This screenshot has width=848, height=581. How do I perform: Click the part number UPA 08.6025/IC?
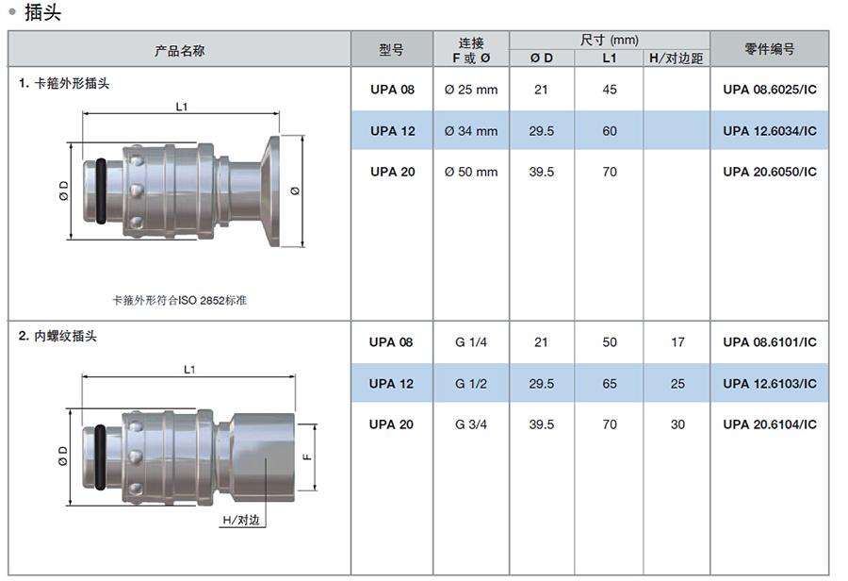pyautogui.click(x=770, y=90)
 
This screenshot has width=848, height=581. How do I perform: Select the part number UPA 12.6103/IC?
pyautogui.click(x=770, y=383)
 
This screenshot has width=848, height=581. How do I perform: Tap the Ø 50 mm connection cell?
pyautogui.click(x=471, y=172)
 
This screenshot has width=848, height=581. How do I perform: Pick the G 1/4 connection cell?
pyautogui.click(x=471, y=342)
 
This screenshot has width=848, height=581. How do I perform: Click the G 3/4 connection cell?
pyautogui.click(x=471, y=424)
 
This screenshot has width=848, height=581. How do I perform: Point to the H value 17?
pyautogui.click(x=677, y=342)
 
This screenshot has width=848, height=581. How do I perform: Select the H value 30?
pyautogui.click(x=677, y=424)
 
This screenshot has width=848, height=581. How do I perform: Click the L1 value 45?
pyautogui.click(x=610, y=90)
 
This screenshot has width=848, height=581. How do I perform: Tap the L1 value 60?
pyautogui.click(x=610, y=131)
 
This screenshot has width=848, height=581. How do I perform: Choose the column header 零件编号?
pyautogui.click(x=770, y=49)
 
